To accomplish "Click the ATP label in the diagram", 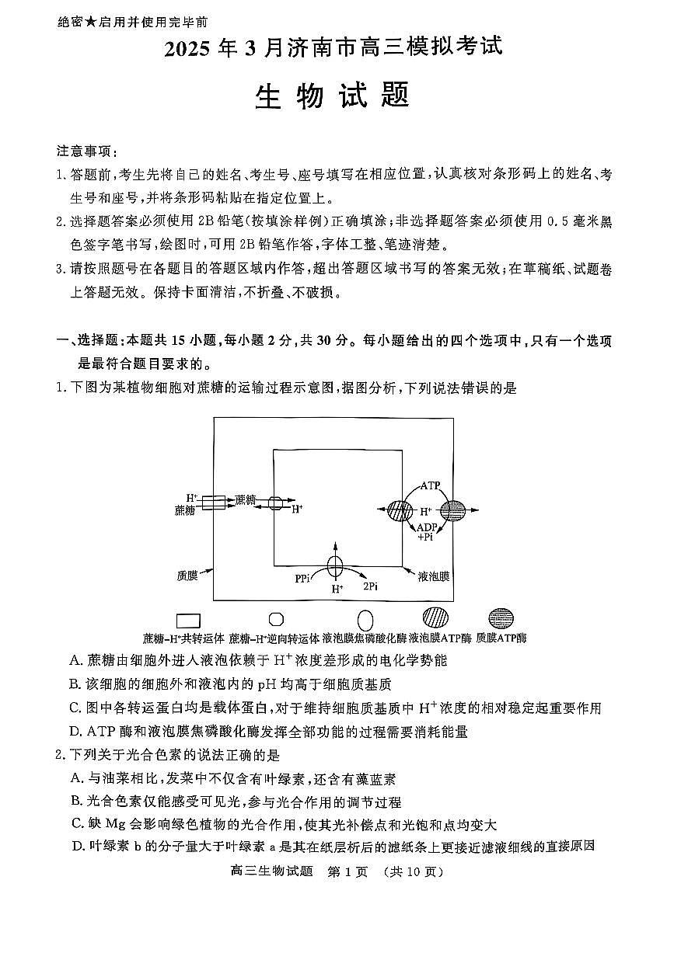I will coord(430,485).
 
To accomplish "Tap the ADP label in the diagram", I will coord(428,527).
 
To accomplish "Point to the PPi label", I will coord(302,579).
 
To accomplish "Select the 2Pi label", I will coord(371,586).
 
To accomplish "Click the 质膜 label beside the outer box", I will coord(187,576).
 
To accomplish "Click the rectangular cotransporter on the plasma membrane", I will coord(214,503).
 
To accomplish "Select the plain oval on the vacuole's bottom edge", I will coord(336,567).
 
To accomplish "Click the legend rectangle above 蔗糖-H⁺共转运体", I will coord(188,621).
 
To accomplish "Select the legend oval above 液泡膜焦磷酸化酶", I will coord(365,620).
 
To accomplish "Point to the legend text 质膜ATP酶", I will coord(501,638).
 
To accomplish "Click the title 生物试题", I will coord(333,97).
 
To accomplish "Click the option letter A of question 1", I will coord(75,661).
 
